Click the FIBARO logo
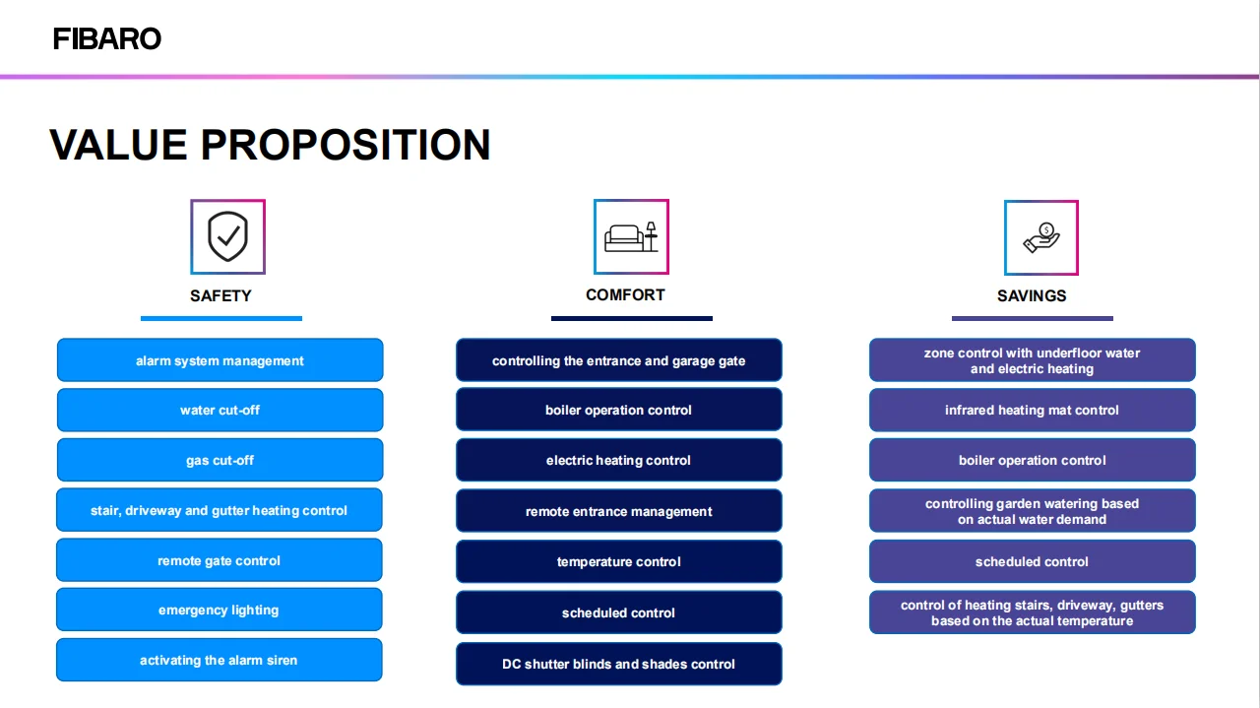pos(107,38)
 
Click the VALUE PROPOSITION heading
pos(270,145)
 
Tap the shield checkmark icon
pos(227,237)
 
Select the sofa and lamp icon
pos(631,237)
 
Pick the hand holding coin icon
pos(1041,237)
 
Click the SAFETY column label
pos(220,296)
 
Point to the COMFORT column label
pos(625,294)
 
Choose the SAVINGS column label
pos(1032,296)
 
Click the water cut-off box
pos(220,410)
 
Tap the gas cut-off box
pos(220,460)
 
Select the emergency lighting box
pos(220,610)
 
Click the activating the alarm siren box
pos(220,660)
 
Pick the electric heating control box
pos(619,460)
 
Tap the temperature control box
pos(619,561)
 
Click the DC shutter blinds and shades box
pos(619,664)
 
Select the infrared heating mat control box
pos(1033,410)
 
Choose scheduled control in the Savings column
pos(1033,561)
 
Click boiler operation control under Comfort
pos(619,410)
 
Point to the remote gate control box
pos(220,560)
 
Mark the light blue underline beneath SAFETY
pos(221,318)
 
